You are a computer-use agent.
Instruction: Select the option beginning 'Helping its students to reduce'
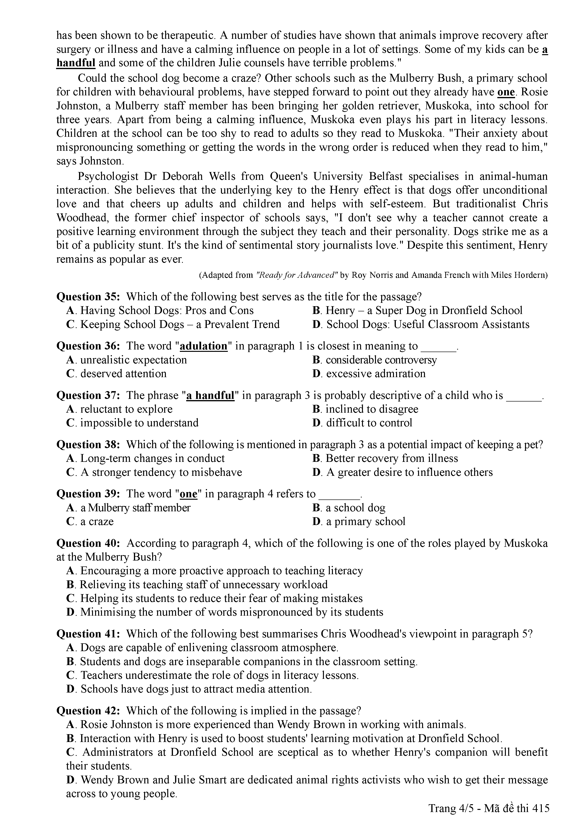(214, 598)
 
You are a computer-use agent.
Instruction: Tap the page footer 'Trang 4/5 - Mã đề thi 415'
(489, 818)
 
